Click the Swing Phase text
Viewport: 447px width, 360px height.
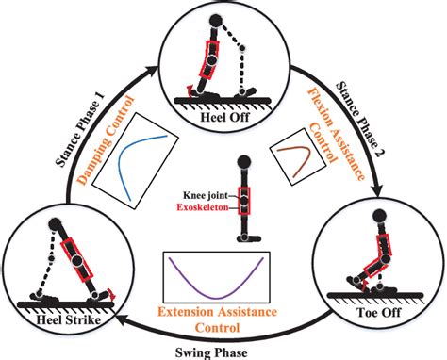(223, 349)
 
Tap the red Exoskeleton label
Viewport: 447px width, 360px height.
(205, 203)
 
